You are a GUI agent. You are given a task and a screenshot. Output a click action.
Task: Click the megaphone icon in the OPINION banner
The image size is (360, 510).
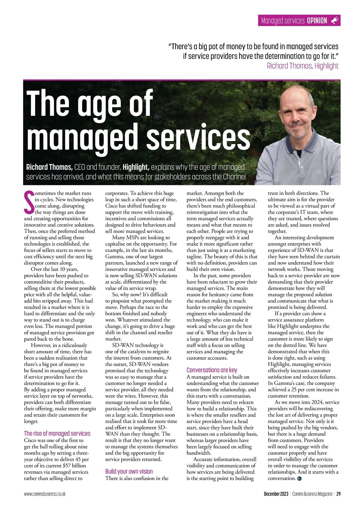(334, 20)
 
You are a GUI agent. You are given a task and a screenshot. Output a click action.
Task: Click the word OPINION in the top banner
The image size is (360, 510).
(317, 21)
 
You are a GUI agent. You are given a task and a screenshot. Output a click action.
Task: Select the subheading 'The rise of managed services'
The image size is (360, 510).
(57, 433)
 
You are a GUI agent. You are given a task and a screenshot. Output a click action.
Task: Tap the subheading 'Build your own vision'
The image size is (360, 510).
(129, 471)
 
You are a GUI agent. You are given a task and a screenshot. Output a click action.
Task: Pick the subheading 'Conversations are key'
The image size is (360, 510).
(212, 370)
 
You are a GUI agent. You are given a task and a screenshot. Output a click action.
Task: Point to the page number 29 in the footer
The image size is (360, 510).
(338, 494)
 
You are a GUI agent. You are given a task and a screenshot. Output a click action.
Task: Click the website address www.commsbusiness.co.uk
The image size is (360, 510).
(45, 494)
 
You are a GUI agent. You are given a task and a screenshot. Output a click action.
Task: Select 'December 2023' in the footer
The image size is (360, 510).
(276, 494)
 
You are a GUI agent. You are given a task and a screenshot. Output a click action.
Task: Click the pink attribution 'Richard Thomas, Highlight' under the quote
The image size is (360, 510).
(302, 66)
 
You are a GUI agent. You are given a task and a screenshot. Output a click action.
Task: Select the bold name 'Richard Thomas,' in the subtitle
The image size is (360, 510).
(49, 167)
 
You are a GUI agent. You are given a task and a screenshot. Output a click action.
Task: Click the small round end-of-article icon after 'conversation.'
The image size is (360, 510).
(299, 478)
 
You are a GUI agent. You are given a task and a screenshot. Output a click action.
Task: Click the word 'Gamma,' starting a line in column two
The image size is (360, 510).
(114, 256)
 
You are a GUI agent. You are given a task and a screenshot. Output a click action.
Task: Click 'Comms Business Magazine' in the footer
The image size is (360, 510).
(312, 494)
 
